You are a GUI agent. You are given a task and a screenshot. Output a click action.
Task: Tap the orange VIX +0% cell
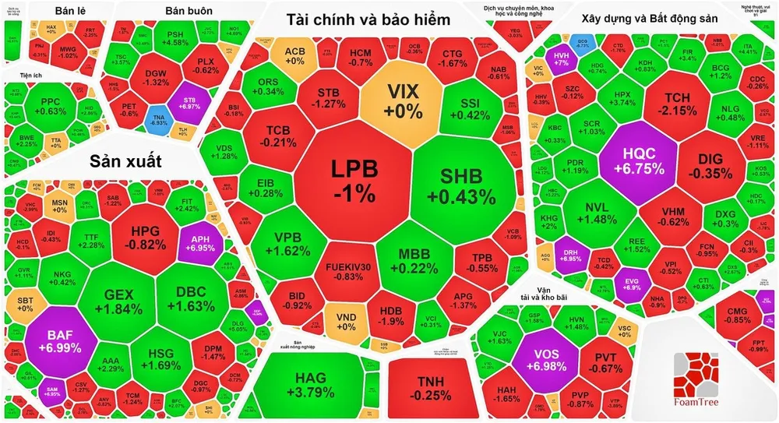[x=401, y=101]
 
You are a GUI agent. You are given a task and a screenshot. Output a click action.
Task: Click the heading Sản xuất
[x=125, y=161]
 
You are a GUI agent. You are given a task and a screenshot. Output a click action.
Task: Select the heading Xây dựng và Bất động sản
[x=647, y=18]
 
